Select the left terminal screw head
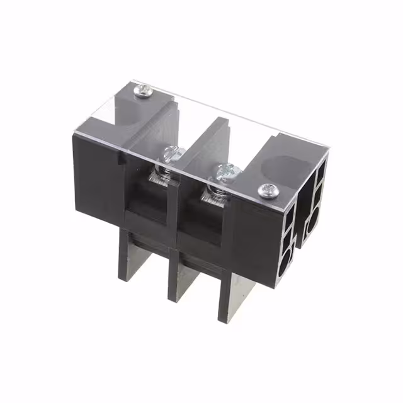tap(171, 152)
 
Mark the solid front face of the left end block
tap(94, 176)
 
